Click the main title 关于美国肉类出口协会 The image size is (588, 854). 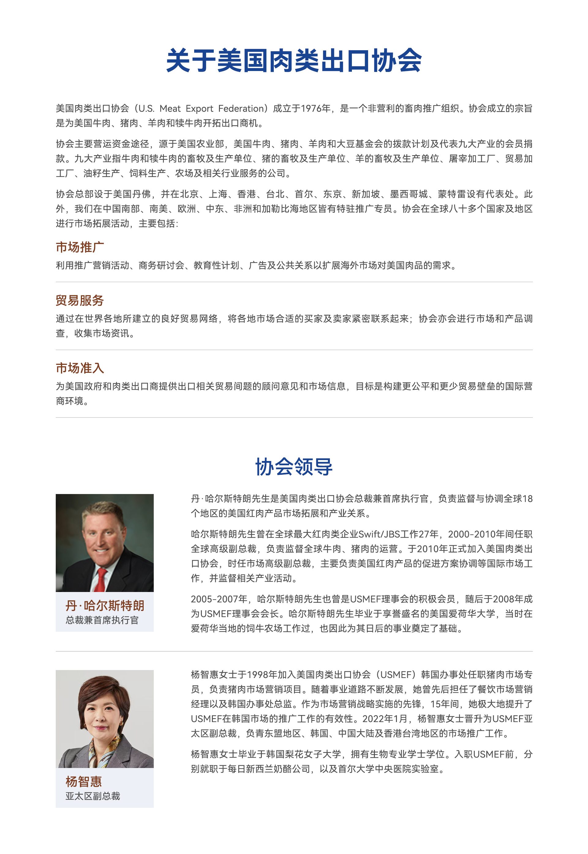[294, 60]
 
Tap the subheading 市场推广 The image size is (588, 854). [80, 247]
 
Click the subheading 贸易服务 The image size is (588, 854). [80, 300]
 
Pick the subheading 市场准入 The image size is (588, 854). [80, 368]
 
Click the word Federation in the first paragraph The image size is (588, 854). [242, 109]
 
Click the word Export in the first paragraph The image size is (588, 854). [199, 109]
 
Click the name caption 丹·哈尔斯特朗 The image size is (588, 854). [105, 605]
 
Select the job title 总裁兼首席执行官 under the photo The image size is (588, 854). [102, 620]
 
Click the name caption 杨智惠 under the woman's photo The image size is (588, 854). [84, 781]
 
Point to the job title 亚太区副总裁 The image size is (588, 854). [93, 796]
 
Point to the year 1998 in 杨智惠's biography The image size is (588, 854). [257, 674]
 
